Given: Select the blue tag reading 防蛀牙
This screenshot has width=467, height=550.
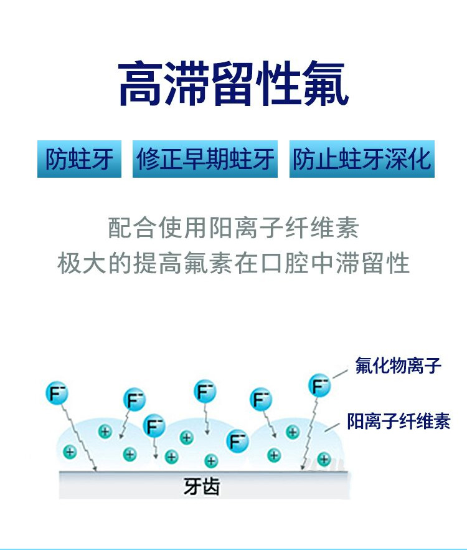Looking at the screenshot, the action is tap(79, 160).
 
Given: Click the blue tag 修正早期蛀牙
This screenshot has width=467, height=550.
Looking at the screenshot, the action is tap(205, 160).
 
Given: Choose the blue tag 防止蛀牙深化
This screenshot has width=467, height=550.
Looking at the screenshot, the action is tap(362, 160).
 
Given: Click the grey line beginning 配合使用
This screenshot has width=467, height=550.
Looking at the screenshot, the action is tap(233, 228).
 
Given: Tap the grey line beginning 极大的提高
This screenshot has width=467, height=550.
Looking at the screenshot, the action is tap(233, 263).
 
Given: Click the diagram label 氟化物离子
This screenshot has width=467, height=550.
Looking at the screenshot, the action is tap(399, 365).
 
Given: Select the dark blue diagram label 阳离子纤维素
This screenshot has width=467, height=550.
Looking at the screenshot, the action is tap(399, 422).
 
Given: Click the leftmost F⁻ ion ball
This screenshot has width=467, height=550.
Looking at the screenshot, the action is tap(57, 393).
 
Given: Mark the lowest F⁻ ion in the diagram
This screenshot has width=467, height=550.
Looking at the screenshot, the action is tap(237, 441).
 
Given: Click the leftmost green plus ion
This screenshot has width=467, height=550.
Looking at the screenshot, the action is tap(70, 452).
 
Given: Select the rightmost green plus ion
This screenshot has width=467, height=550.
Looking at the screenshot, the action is tap(323, 460).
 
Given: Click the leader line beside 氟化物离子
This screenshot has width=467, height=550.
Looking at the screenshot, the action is tap(339, 373).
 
